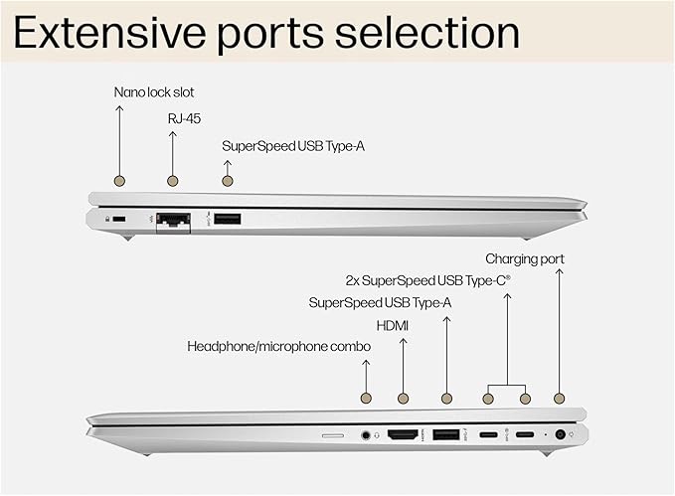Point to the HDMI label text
tap(393, 325)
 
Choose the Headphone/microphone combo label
tap(279, 346)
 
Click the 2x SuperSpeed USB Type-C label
tap(428, 280)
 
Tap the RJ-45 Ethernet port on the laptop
tap(174, 221)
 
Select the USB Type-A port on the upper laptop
tap(227, 219)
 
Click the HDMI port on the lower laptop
tap(403, 434)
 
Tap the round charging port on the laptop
tap(560, 434)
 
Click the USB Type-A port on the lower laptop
tap(445, 434)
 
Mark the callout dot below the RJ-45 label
tap(173, 181)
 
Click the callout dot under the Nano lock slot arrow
tap(120, 181)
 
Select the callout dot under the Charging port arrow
tap(560, 399)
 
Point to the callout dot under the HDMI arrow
tap(403, 399)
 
